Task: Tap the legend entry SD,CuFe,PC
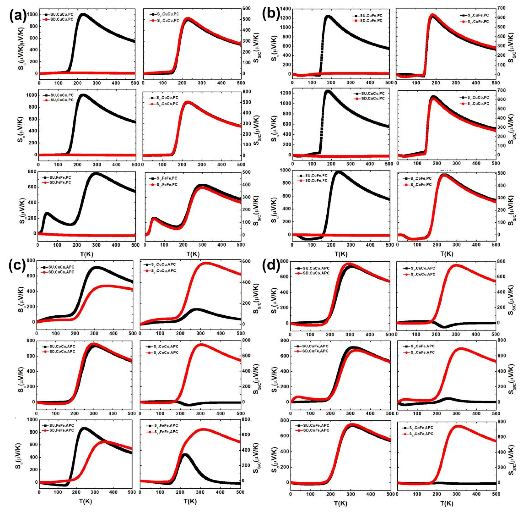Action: coord(368,20)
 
